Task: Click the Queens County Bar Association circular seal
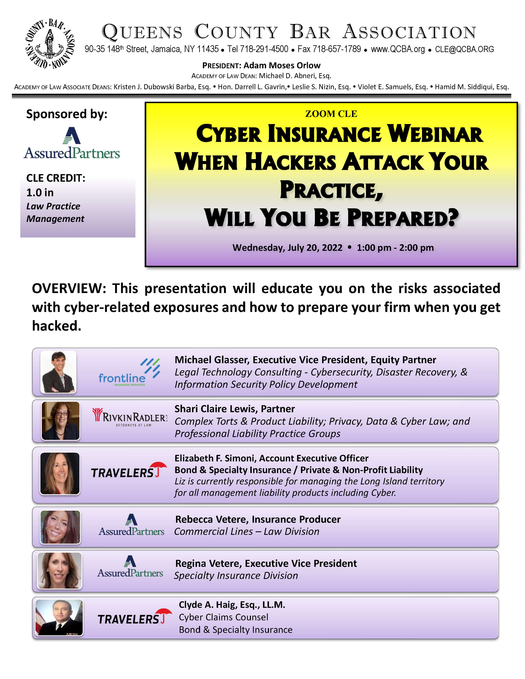tap(50, 43)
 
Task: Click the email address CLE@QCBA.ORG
tap(464, 49)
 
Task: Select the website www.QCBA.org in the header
tap(398, 49)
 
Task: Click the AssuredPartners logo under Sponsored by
tap(72, 143)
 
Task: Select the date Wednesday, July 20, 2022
tap(287, 248)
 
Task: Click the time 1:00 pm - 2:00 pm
tap(395, 248)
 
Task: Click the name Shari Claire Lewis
tap(215, 409)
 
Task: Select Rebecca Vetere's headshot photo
tap(60, 527)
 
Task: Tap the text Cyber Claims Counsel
tap(223, 617)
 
